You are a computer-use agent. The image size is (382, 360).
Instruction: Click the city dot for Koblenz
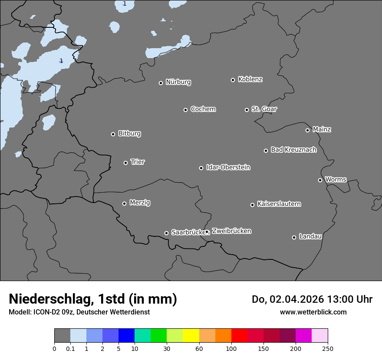click(x=233, y=80)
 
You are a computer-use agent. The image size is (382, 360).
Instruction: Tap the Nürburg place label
click(x=178, y=82)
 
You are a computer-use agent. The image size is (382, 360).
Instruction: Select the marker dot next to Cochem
click(x=185, y=110)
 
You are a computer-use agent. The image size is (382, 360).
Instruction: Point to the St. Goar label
click(x=264, y=109)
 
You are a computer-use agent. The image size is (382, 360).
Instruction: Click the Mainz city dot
click(x=307, y=130)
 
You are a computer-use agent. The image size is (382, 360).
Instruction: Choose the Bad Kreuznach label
click(x=293, y=150)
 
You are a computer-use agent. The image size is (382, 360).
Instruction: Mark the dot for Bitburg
click(x=113, y=134)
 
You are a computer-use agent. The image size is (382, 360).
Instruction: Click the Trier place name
click(x=138, y=162)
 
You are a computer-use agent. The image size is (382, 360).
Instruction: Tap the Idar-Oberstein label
click(x=228, y=167)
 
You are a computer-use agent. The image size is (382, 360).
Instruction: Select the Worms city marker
click(x=320, y=180)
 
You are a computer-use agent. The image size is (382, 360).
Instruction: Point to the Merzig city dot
click(x=124, y=203)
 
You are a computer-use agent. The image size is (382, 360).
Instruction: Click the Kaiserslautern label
click(x=279, y=204)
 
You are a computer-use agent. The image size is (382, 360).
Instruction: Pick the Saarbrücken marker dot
click(x=166, y=233)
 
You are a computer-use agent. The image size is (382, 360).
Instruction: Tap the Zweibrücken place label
click(x=231, y=231)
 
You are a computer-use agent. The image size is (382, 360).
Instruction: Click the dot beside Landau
click(x=294, y=237)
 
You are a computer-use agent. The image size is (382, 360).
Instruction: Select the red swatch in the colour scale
click(x=239, y=336)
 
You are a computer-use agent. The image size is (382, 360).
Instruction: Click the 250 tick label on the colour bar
click(x=328, y=348)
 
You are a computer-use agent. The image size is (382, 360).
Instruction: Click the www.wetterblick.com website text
click(x=313, y=312)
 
